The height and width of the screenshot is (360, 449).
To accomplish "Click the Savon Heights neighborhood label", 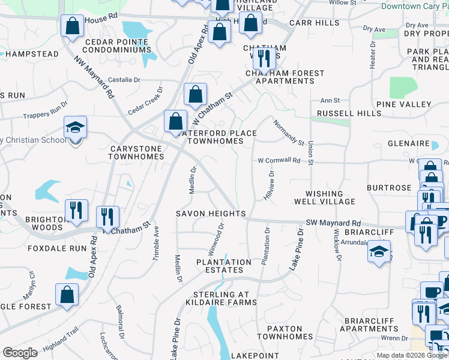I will pyautogui.click(x=211, y=214).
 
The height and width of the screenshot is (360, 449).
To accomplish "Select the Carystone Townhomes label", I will pyautogui.click(x=136, y=152).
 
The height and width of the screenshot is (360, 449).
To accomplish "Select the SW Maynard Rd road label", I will pyautogui.click(x=333, y=223).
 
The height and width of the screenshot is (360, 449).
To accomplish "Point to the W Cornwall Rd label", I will pyautogui.click(x=279, y=161).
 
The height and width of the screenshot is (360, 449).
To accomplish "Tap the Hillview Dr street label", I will pyautogui.click(x=268, y=185).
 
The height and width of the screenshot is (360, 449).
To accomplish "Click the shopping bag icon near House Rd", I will pyautogui.click(x=72, y=26).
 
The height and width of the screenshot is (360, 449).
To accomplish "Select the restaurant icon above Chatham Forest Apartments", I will pyautogui.click(x=264, y=58).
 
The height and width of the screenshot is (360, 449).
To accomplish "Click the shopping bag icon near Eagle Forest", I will pyautogui.click(x=67, y=294).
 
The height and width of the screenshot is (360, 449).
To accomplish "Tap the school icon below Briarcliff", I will pyautogui.click(x=379, y=251).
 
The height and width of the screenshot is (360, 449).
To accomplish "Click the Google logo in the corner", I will pyautogui.click(x=20, y=353).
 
